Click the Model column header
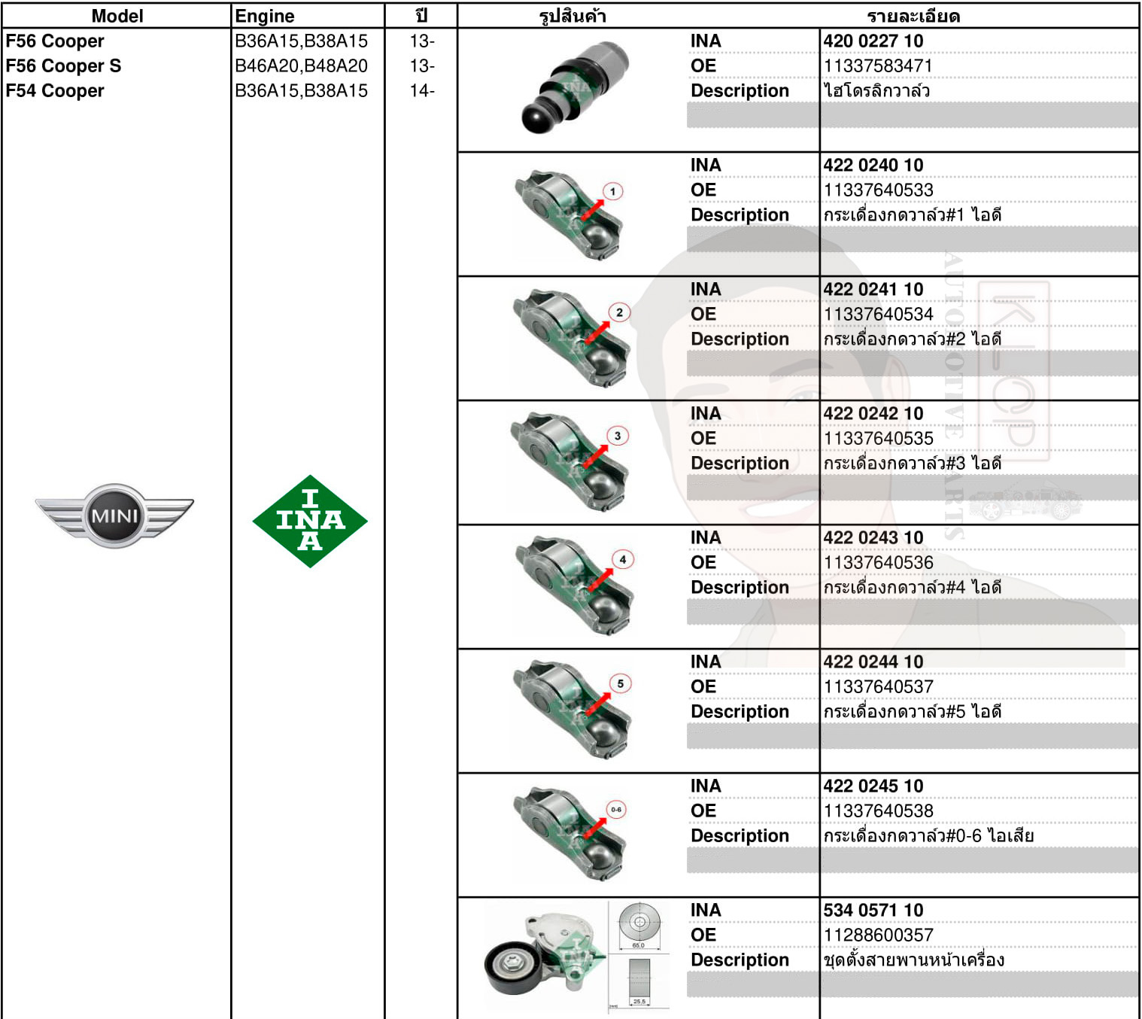click(117, 16)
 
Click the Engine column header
click(264, 16)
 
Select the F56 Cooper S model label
click(63, 66)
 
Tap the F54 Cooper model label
click(55, 91)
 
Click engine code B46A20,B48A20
click(301, 66)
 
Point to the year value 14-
click(422, 91)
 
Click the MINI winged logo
click(114, 516)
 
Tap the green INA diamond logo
click(310, 521)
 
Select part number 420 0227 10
click(873, 41)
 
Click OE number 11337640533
click(878, 190)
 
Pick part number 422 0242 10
click(873, 414)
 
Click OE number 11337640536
click(878, 563)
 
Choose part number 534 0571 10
click(873, 911)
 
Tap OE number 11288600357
click(878, 935)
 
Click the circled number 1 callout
click(613, 191)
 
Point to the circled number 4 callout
click(622, 559)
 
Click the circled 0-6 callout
click(616, 810)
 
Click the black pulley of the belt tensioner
click(512, 965)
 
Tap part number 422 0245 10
click(873, 786)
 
